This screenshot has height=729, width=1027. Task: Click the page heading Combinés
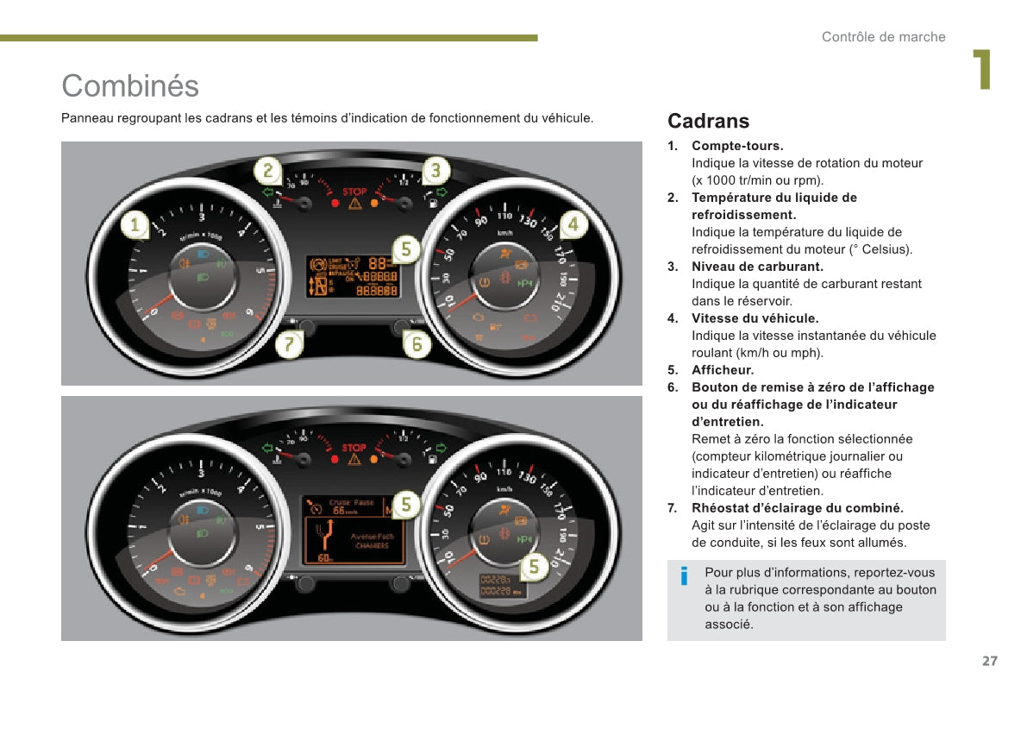click(x=130, y=85)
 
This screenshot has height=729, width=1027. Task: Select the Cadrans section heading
click(x=708, y=121)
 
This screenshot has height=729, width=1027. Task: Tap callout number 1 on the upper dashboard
click(x=134, y=226)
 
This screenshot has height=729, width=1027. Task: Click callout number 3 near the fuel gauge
click(x=435, y=170)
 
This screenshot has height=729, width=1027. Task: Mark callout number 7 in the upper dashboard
click(x=289, y=345)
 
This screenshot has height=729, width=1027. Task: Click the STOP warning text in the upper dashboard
click(x=354, y=192)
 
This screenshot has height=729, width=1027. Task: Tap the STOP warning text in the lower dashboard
click(x=354, y=448)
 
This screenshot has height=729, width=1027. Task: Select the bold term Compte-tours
click(x=737, y=146)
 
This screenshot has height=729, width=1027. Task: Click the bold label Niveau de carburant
click(x=757, y=267)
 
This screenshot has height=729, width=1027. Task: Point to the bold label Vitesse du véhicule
click(x=755, y=318)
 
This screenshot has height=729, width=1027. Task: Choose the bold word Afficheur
click(x=723, y=370)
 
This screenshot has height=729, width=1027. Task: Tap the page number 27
click(x=989, y=661)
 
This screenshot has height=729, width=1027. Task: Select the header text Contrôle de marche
click(x=883, y=37)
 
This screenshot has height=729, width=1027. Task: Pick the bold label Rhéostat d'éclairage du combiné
click(x=797, y=508)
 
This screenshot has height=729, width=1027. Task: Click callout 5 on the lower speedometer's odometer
click(x=535, y=567)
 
